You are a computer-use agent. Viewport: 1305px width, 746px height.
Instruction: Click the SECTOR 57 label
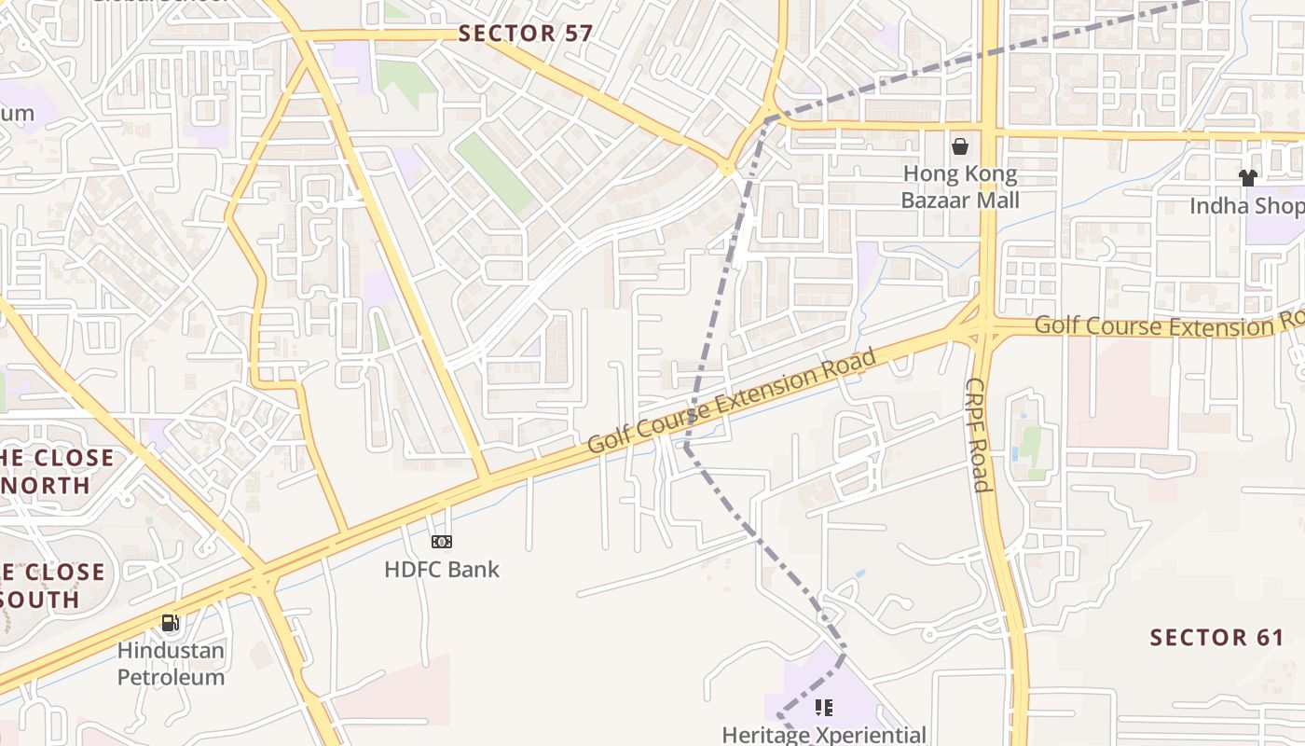(x=526, y=34)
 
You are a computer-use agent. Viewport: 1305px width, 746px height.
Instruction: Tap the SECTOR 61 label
(x=1216, y=638)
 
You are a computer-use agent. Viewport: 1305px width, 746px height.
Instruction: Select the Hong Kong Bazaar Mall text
(x=960, y=186)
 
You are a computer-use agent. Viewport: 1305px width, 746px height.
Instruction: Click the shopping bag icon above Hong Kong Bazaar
(x=959, y=146)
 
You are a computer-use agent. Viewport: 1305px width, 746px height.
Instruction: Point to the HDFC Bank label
(x=442, y=569)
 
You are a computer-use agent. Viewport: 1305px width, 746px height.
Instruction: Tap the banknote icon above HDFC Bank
(x=442, y=542)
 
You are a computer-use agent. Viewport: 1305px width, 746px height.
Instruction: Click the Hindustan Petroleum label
(x=171, y=663)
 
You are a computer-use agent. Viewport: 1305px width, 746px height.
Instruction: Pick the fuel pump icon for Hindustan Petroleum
(x=170, y=622)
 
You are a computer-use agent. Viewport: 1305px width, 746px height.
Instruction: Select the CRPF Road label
(x=977, y=435)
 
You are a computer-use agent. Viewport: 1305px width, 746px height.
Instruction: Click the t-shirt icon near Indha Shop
(x=1247, y=177)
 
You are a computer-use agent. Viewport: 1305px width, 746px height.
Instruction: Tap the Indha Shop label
(x=1246, y=205)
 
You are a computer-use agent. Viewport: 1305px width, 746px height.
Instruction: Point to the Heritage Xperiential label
(x=824, y=735)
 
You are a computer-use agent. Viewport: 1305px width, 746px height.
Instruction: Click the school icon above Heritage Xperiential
(x=823, y=708)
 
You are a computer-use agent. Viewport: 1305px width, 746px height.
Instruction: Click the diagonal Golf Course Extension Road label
(x=733, y=401)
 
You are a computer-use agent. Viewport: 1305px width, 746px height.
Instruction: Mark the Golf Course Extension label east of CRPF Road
(x=1165, y=325)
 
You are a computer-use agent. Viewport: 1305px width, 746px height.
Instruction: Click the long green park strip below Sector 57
(x=494, y=172)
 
